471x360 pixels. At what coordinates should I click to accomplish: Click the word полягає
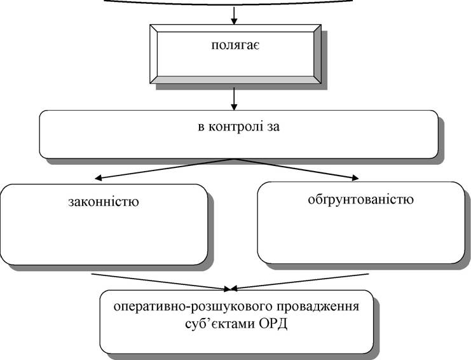(235, 46)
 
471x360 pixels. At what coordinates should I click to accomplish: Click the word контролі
(235, 127)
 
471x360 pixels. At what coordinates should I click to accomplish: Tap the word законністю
(104, 202)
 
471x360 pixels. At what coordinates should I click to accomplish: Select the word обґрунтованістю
(361, 200)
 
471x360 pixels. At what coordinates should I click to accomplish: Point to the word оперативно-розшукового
(193, 307)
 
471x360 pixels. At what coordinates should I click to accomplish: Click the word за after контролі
(272, 127)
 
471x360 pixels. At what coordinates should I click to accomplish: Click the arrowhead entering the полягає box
(234, 21)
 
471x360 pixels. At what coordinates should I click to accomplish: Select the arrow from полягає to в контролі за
(234, 99)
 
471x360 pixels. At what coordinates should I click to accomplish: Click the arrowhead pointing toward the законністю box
(98, 179)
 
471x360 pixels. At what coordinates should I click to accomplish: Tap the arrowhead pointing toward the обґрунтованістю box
(355, 177)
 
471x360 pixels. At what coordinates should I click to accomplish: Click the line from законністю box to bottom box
(161, 282)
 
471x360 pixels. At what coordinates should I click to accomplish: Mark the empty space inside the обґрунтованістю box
(361, 235)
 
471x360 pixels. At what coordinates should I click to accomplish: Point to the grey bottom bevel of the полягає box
(235, 80)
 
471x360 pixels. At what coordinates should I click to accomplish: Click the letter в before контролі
(201, 127)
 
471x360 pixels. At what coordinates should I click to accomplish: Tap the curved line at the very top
(229, 4)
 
